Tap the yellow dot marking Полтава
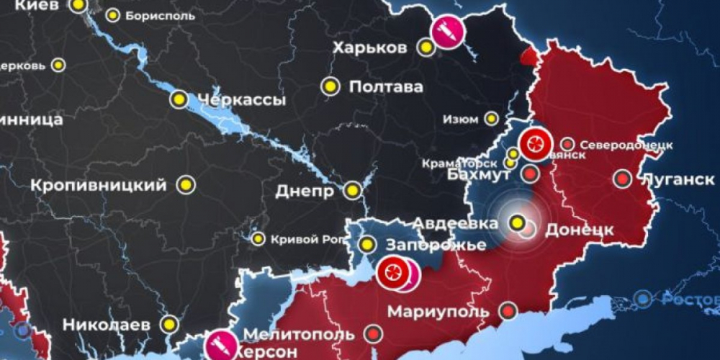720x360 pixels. [330, 86]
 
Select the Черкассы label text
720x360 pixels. [240, 100]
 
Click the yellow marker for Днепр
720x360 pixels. [353, 191]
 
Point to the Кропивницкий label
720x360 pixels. [99, 185]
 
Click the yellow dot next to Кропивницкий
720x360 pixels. [187, 185]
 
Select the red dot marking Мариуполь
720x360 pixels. [509, 311]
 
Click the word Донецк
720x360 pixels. [579, 230]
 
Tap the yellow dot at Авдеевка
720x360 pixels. [518, 222]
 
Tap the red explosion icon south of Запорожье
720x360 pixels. [393, 272]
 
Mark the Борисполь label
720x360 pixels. [159, 15]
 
